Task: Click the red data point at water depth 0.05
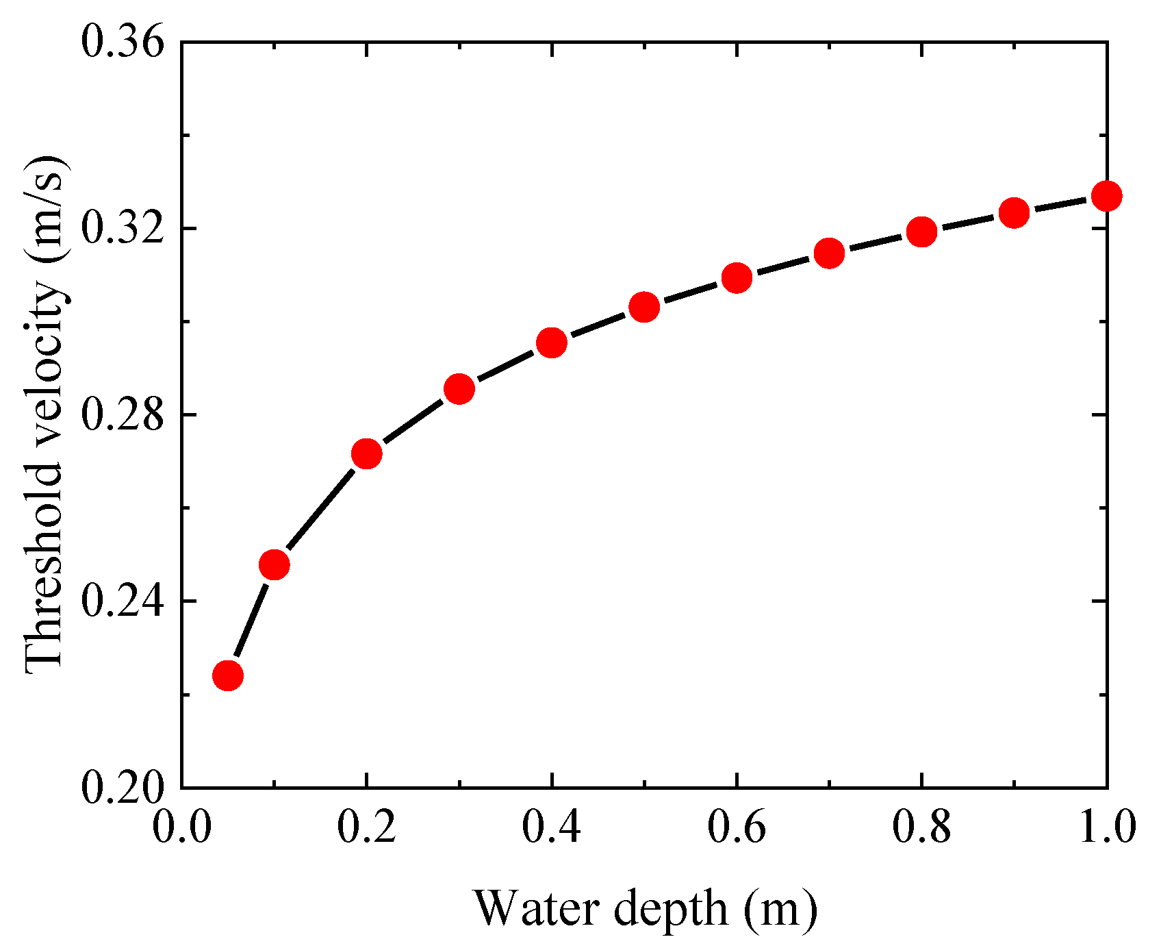click(x=228, y=675)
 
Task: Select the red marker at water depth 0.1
click(x=274, y=564)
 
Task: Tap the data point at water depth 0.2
click(x=366, y=453)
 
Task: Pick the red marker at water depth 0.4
click(x=552, y=342)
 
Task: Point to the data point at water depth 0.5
click(x=644, y=308)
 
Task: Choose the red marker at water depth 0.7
click(x=829, y=253)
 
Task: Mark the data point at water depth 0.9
click(x=1015, y=213)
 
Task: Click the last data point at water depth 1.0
click(x=1106, y=197)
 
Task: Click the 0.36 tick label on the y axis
click(x=123, y=42)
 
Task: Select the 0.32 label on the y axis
click(x=123, y=228)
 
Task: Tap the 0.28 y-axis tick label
click(x=123, y=414)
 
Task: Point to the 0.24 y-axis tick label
click(x=123, y=601)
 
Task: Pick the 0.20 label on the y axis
click(x=123, y=787)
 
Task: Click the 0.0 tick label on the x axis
click(x=181, y=827)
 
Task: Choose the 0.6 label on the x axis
click(x=737, y=827)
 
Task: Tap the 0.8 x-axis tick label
click(x=921, y=827)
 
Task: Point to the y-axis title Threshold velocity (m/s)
click(x=47, y=414)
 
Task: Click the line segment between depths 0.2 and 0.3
click(x=413, y=421)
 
